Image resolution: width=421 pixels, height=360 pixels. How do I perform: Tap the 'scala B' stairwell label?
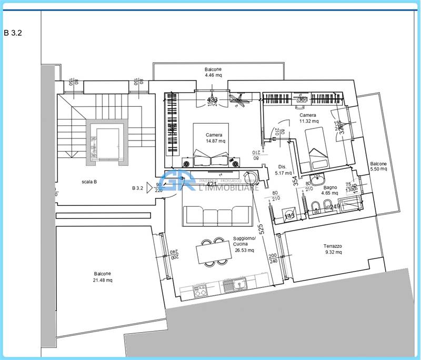click(88, 182)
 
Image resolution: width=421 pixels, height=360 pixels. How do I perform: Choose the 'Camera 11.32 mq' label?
click(308, 118)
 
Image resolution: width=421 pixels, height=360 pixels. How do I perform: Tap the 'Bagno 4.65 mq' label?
click(330, 190)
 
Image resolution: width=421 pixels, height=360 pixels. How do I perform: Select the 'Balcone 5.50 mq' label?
click(378, 166)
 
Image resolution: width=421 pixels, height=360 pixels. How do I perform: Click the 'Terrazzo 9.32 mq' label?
click(333, 249)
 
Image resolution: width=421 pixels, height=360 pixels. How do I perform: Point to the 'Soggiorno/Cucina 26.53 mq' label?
click(244, 244)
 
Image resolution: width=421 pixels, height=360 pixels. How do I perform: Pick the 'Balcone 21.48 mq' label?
click(103, 277)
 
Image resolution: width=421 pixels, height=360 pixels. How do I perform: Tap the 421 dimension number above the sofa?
click(212, 185)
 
